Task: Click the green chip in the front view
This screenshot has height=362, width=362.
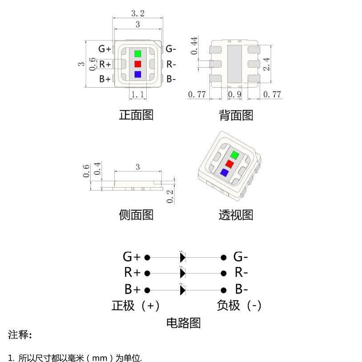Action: click(x=138, y=53)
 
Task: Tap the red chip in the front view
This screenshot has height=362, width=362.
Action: click(x=138, y=64)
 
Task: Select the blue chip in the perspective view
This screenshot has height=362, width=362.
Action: click(x=224, y=173)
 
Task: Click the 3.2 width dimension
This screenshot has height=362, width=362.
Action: click(x=137, y=13)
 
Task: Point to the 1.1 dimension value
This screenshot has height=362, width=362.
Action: click(x=137, y=94)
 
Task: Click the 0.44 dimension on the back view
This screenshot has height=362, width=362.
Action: click(x=194, y=46)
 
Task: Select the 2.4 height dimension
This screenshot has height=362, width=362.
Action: click(x=266, y=64)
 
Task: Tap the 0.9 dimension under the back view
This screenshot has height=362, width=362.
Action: click(x=234, y=94)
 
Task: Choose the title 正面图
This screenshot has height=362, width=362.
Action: click(x=136, y=115)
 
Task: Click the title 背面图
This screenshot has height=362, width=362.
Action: click(x=236, y=116)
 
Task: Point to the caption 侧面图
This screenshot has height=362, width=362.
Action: click(x=136, y=215)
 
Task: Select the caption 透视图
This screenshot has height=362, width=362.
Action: click(x=236, y=215)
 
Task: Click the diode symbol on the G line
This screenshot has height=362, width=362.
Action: click(x=182, y=257)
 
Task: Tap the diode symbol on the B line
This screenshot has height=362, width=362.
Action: click(x=182, y=290)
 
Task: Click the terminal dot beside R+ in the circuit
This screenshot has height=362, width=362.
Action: click(x=148, y=273)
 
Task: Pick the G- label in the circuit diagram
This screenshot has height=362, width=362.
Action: click(x=241, y=257)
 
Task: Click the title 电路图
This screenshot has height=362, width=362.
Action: click(x=183, y=323)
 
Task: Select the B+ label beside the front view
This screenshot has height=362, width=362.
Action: click(x=105, y=79)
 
